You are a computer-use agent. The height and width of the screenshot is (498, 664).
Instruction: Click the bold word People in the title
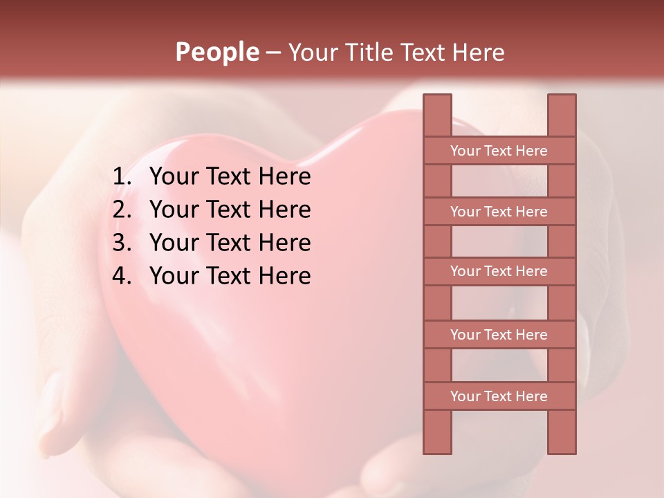click(217, 52)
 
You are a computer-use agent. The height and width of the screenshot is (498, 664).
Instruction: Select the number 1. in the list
click(122, 177)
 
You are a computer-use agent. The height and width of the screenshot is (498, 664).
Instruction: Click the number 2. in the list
click(122, 210)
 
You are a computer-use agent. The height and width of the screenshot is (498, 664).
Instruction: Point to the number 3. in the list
click(122, 243)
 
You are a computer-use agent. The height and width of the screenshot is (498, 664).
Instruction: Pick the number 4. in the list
click(122, 276)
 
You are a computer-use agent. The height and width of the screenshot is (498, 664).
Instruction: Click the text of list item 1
click(230, 177)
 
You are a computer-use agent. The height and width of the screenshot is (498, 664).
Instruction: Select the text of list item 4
click(230, 276)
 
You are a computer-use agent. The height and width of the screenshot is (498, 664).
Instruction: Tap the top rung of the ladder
click(499, 151)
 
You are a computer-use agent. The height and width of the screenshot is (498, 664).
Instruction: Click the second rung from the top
click(499, 212)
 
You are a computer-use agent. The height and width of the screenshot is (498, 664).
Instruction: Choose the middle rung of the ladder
click(499, 272)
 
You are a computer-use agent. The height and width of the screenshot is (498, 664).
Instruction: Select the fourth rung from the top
click(499, 335)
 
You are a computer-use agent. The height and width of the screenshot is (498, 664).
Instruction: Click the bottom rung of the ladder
click(499, 396)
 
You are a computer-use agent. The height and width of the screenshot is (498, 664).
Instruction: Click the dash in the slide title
click(273, 52)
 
